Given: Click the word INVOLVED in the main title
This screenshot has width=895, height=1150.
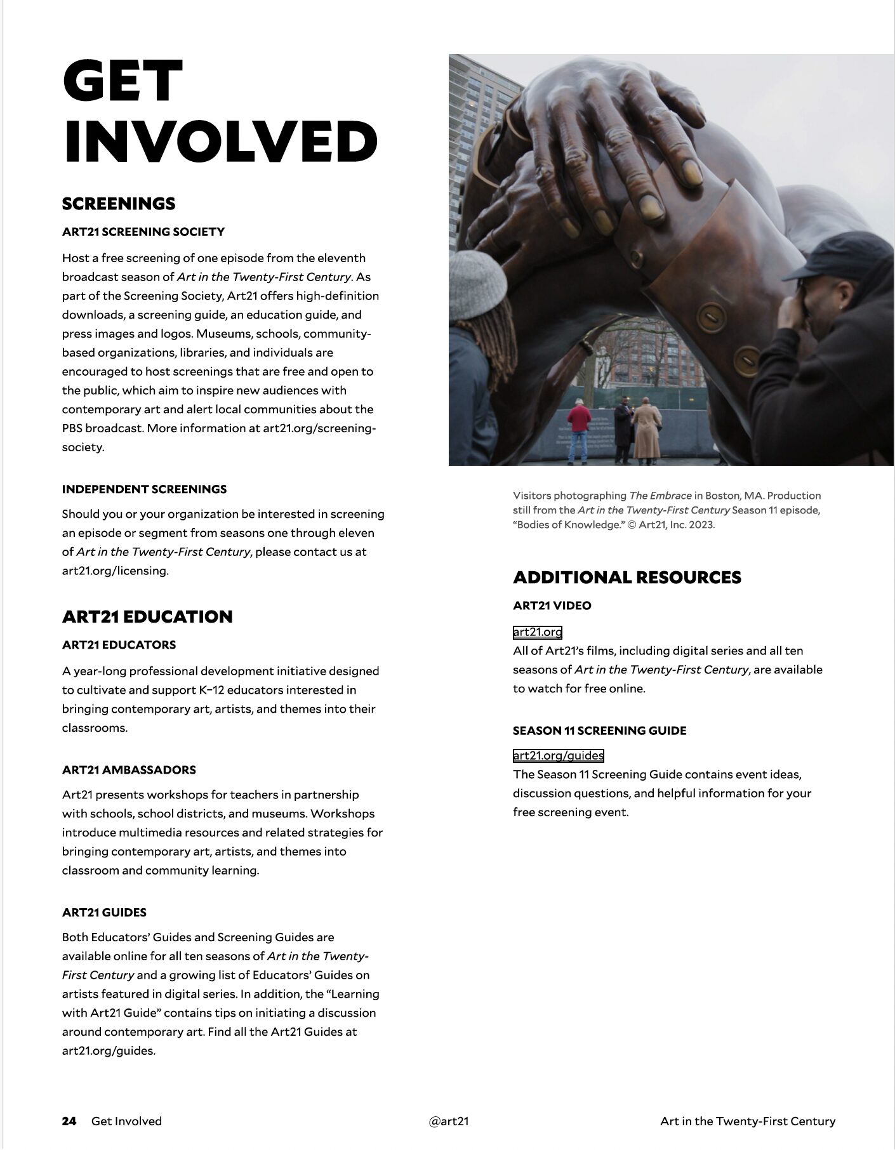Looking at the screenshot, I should pos(220,141).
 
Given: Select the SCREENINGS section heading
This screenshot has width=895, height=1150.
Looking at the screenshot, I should pos(119,204).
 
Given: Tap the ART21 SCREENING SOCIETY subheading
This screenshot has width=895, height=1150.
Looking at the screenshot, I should pos(143,232).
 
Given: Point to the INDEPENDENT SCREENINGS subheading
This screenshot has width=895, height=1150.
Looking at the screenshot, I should pos(144,489).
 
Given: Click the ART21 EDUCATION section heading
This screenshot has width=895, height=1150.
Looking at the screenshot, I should pos(147,616).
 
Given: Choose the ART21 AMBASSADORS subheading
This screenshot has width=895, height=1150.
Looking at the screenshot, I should pos(129,770).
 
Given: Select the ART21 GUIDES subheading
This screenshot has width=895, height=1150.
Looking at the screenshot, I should pos(104,913).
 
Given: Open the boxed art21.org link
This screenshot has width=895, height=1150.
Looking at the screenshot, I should pos(537,632).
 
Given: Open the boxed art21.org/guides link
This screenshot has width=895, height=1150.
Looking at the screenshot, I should pos(558,755).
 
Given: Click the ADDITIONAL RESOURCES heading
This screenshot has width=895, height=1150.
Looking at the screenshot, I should pos(626,577).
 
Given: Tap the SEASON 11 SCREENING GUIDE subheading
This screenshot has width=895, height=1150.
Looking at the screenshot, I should pos(599,730).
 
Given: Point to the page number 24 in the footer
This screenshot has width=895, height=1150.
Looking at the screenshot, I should pos(69,1121).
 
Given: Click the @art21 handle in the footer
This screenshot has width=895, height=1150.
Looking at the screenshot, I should pos(448,1121).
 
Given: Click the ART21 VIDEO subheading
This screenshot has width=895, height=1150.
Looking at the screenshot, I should pos(552,605).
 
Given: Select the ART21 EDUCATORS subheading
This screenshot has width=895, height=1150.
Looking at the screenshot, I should pos(119,645).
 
